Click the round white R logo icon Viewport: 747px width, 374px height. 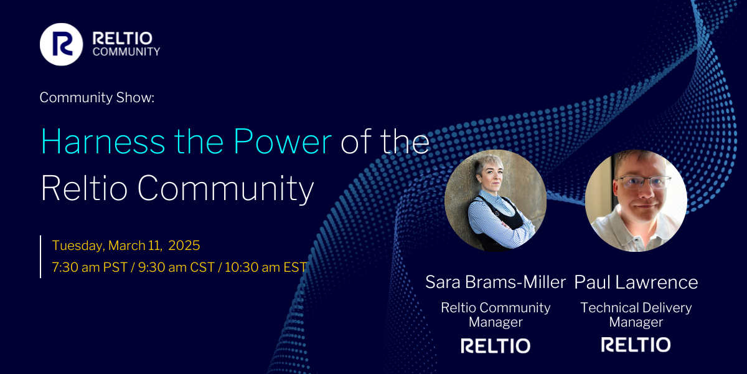tap(62, 44)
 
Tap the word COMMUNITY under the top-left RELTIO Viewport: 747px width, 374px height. tap(126, 51)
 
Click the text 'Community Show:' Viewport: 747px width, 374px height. tap(97, 97)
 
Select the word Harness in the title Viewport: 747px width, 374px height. tap(103, 141)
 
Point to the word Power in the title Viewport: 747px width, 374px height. tap(283, 141)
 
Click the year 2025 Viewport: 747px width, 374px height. tap(184, 246)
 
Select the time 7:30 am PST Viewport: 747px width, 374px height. tap(90, 267)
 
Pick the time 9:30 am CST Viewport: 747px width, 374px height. tap(176, 267)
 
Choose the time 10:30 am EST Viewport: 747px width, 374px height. tap(266, 267)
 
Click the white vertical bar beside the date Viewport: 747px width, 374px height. tap(40, 256)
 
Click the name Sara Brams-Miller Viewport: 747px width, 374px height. tap(496, 282)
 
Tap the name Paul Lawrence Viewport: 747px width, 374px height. tap(636, 282)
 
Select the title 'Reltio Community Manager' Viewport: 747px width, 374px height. tap(496, 315)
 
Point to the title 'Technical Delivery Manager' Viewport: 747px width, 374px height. tap(636, 315)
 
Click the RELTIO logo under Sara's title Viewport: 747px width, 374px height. tap(496, 345)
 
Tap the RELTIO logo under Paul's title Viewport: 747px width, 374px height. tap(636, 345)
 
